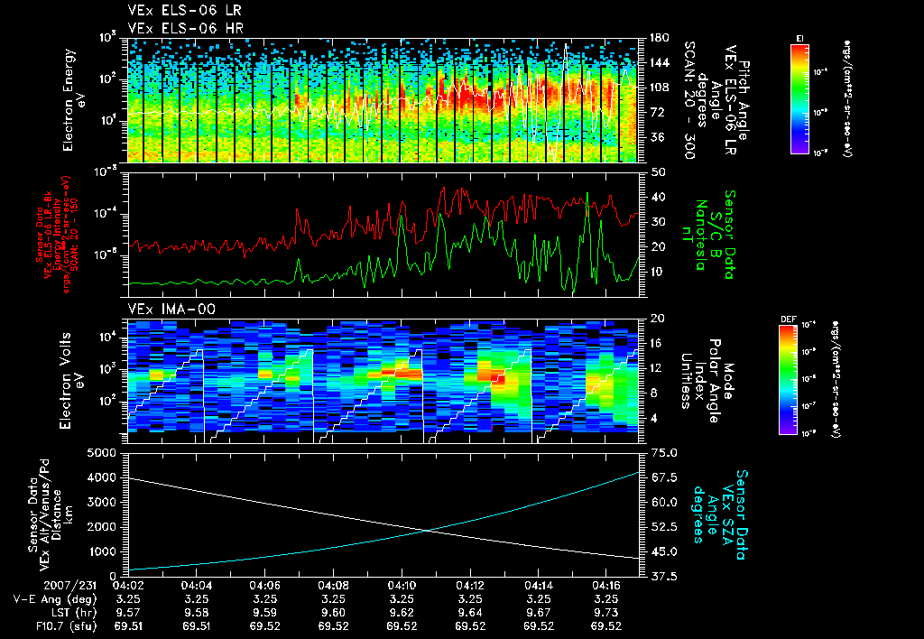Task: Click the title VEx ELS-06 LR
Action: click(x=176, y=11)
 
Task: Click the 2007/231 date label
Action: click(x=33, y=585)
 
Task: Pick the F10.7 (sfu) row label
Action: click(x=44, y=625)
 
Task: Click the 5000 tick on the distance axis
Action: click(x=106, y=452)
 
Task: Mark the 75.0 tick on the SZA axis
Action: click(x=664, y=452)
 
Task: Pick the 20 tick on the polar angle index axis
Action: click(x=657, y=319)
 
